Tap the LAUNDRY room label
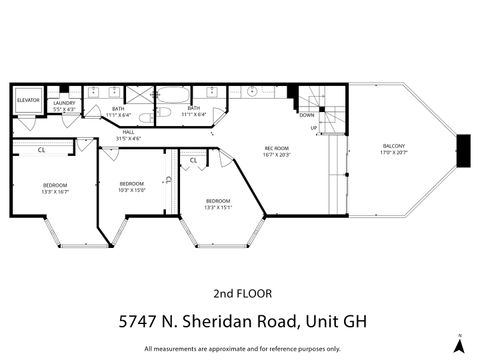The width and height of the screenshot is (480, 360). (65, 104)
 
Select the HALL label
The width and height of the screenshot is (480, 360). (128, 131)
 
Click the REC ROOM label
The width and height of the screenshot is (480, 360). (277, 149)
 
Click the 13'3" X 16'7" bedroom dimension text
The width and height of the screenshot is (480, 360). (54, 191)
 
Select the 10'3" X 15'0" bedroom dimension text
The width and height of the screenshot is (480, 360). (132, 189)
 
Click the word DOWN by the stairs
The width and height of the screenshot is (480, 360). (307, 115)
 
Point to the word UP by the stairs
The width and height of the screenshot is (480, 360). (313, 128)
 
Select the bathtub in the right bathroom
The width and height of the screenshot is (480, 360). (174, 97)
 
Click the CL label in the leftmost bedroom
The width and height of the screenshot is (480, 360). (41, 150)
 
